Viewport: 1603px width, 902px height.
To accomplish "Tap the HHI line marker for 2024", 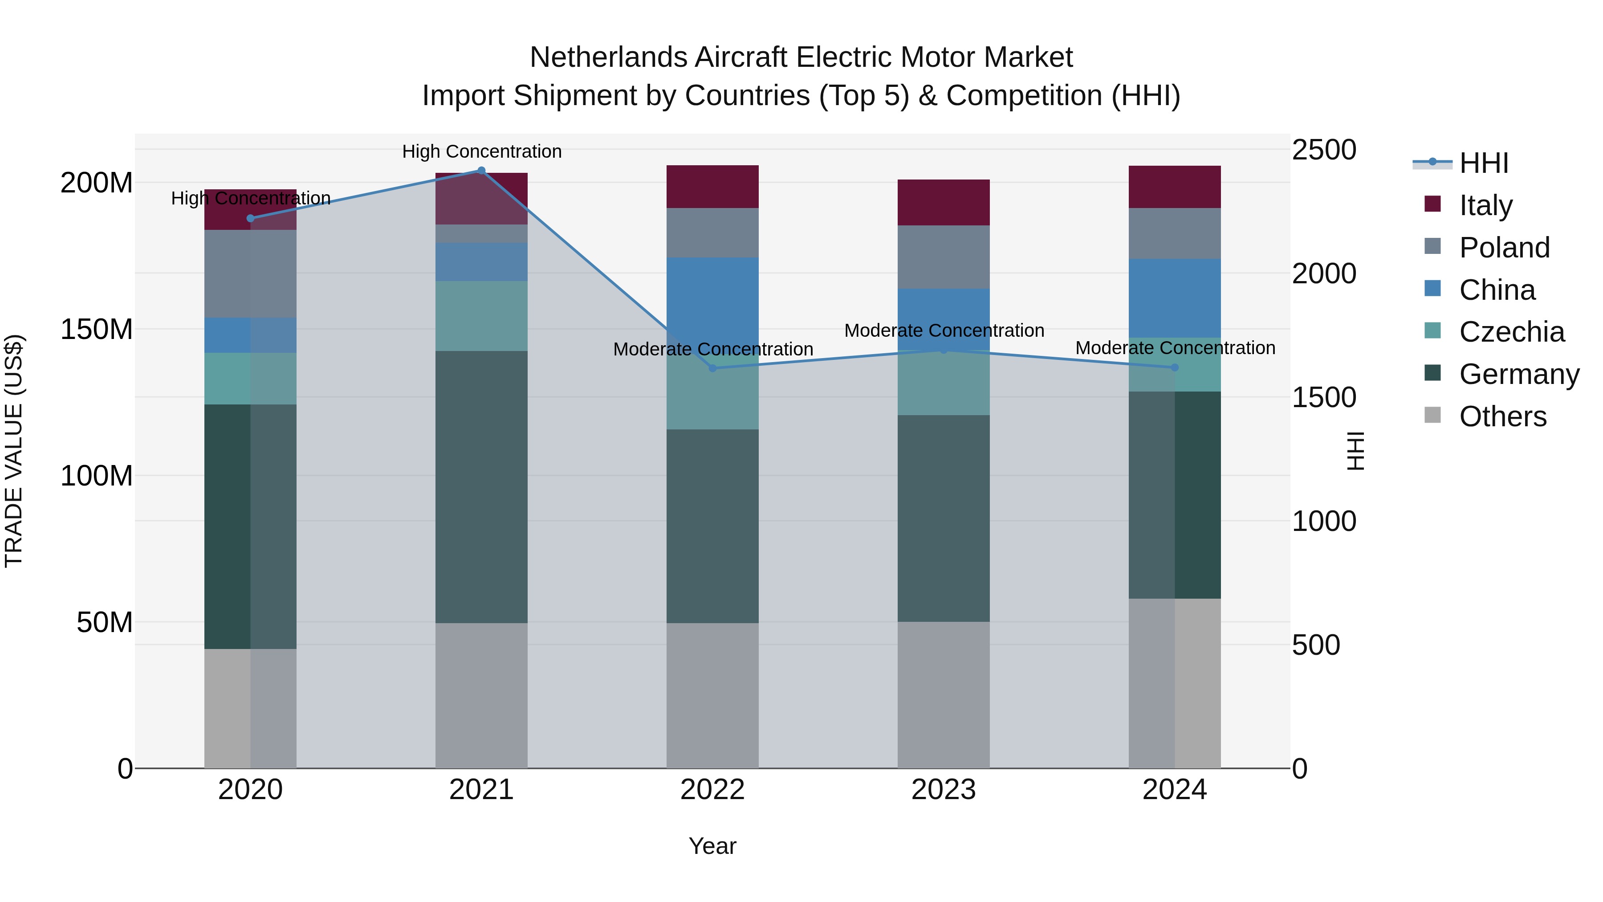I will click(1175, 368).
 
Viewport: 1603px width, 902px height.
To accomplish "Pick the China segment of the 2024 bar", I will click(1175, 298).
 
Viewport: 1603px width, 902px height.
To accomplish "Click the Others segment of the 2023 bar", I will click(944, 695).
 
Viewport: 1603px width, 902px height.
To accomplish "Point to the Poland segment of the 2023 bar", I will click(944, 257).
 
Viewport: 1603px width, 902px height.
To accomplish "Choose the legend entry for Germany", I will click(1519, 374).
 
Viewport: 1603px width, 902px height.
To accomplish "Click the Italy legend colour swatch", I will click(1432, 204).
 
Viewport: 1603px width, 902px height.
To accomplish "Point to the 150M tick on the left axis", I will click(97, 329).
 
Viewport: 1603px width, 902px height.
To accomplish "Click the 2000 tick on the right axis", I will click(1324, 274).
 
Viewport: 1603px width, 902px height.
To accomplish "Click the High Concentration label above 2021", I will click(482, 151).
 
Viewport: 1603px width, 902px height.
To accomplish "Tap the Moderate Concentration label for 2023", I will click(944, 331).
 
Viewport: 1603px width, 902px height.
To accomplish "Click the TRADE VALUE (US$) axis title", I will click(14, 451).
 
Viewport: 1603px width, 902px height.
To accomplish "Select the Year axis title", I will click(712, 846).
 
